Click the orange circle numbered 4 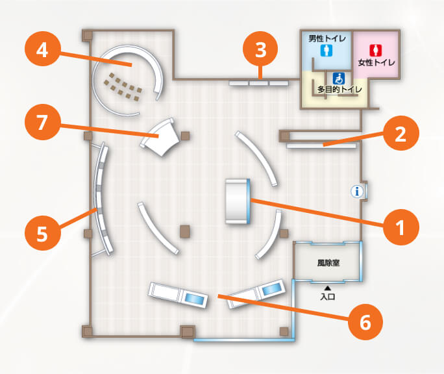42,51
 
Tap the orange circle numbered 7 42,122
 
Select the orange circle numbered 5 42,233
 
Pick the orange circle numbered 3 260,49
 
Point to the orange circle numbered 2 401,133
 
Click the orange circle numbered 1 401,227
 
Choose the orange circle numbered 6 365,322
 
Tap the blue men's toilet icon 327,51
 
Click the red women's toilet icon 376,51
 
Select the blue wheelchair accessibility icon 339,79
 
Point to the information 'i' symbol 357,192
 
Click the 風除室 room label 328,263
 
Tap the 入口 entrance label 328,297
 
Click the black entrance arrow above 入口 328,288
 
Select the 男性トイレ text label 327,38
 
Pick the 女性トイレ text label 376,62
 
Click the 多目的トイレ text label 339,90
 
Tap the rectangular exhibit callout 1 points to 238,201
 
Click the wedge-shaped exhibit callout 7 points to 160,137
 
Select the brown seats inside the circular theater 123,87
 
